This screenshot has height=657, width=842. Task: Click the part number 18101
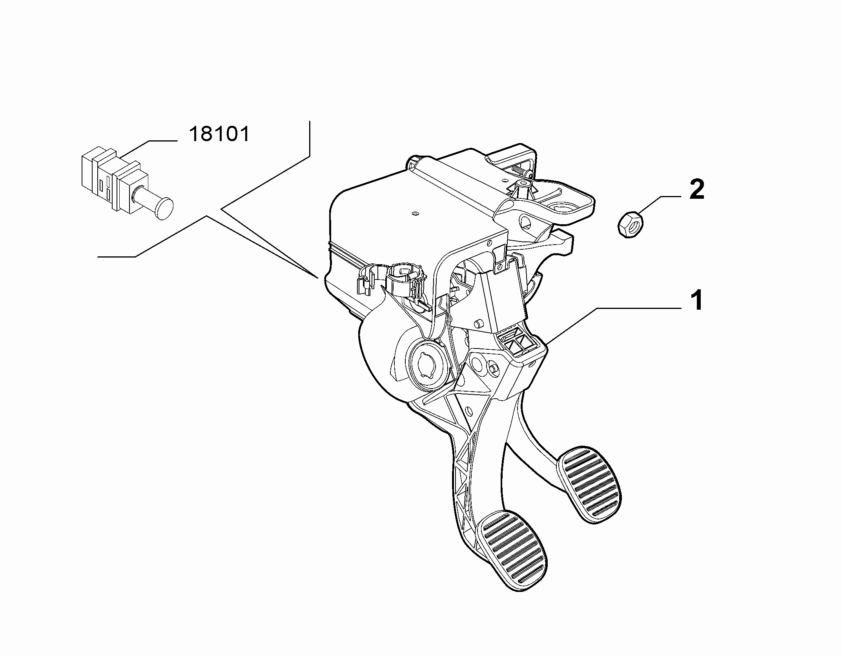pos(219,134)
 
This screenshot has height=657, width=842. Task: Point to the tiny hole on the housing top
pos(416,214)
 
